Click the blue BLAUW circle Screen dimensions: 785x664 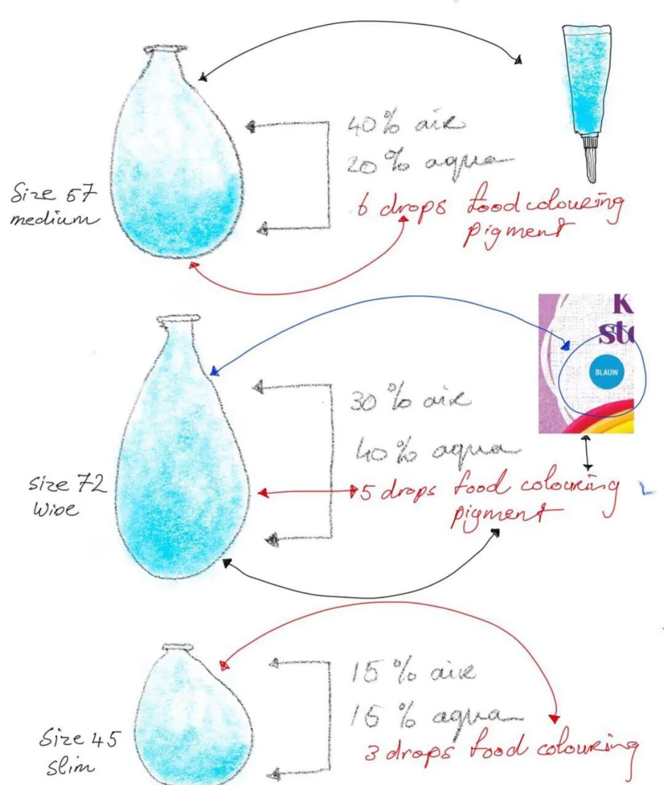point(606,372)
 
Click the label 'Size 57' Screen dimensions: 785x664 point(53,194)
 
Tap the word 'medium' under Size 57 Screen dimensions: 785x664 point(53,219)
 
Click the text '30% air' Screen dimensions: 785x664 point(409,399)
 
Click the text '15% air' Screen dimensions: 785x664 point(413,672)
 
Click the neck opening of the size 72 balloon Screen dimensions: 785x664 point(178,319)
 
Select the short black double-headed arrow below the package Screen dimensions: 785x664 point(588,453)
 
